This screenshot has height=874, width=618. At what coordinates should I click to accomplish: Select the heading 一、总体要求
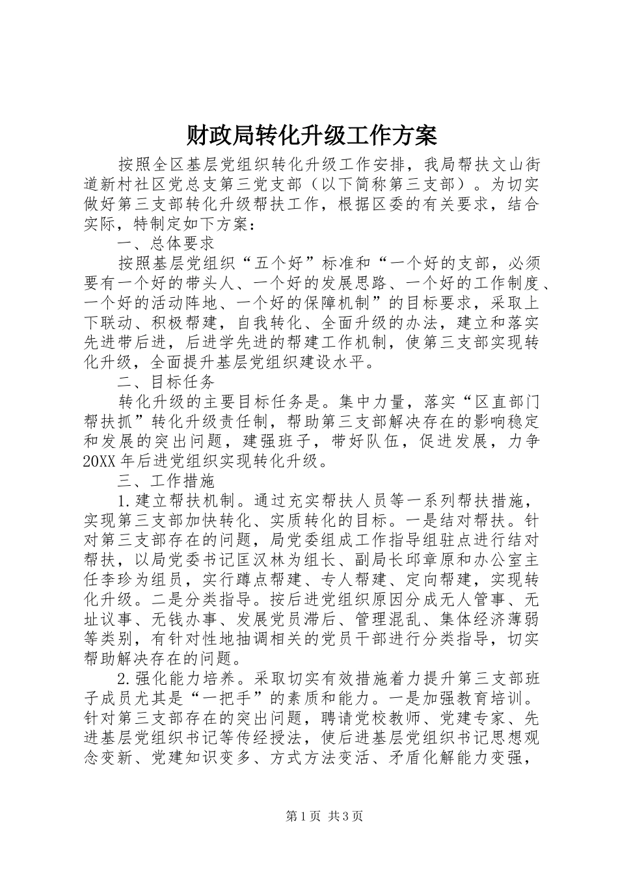click(167, 243)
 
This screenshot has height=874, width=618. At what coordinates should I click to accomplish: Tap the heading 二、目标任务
click(167, 382)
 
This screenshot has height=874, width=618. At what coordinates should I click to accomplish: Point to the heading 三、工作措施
click(167, 481)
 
